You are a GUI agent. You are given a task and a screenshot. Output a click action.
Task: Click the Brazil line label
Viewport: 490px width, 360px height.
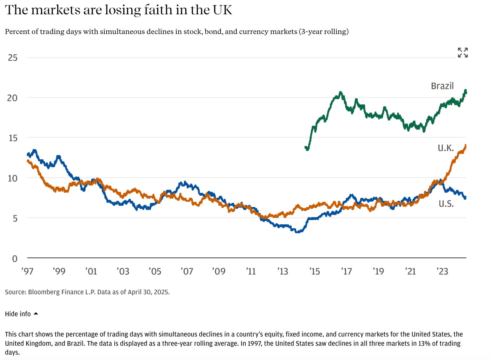point(442,86)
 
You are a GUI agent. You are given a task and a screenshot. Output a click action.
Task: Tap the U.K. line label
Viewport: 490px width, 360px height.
point(446,148)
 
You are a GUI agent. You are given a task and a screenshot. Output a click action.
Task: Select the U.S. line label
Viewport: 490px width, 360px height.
point(446,203)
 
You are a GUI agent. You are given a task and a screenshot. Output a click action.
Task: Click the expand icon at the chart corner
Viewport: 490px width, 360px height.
point(463,52)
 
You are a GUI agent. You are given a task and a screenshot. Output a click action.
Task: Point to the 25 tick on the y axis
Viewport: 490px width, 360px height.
point(13,57)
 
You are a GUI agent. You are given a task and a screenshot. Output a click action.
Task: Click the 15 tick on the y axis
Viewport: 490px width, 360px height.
point(13,138)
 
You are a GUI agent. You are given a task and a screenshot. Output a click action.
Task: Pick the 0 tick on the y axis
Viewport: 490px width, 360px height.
point(15,258)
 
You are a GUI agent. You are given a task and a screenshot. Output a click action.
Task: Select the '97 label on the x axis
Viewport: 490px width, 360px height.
point(27,271)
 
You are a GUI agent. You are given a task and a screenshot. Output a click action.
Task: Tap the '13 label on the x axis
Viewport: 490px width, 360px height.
point(282,271)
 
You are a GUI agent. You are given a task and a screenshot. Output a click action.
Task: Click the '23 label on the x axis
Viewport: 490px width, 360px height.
point(442,271)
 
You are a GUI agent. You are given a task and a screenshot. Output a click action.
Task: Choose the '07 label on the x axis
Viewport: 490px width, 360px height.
point(187,271)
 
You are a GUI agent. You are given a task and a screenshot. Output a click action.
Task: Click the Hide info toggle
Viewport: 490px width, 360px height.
point(18,314)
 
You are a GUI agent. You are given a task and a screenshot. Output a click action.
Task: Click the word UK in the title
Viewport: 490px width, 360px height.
point(222,10)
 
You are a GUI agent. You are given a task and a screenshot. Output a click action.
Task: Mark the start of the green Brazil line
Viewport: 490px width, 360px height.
point(306,148)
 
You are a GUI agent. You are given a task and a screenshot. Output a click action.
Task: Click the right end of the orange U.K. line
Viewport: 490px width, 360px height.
point(466,146)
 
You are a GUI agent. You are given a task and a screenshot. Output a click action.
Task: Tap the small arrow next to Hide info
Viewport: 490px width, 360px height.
point(36,314)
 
